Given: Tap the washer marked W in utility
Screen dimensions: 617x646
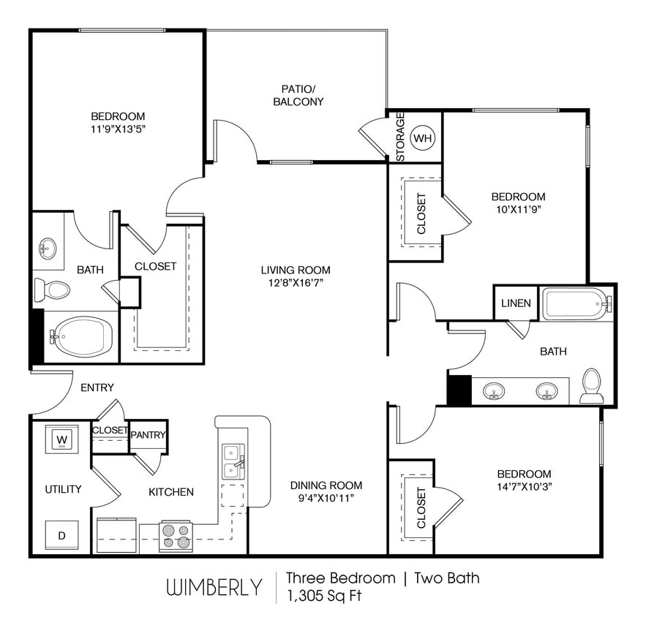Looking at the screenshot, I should click(62, 439).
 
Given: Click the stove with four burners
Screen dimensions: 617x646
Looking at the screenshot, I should click(176, 536).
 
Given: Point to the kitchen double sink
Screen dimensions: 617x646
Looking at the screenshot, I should click(233, 461).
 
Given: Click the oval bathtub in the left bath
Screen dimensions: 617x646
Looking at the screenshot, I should click(83, 337).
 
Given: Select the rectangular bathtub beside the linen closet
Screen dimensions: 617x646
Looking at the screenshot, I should click(575, 303).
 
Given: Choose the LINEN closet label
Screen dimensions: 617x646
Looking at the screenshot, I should click(516, 303).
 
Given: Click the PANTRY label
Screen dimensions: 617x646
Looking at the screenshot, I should click(148, 435).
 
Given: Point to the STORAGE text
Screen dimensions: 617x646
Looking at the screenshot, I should click(400, 137).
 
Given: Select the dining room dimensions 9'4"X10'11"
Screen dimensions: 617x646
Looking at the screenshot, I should click(326, 499).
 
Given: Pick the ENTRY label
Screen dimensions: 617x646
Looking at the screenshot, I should click(97, 387).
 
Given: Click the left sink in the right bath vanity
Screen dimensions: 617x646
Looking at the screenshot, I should click(495, 390).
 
